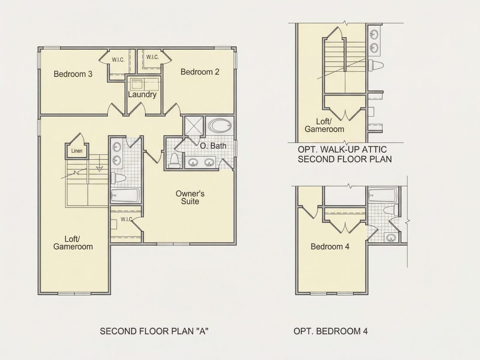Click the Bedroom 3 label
point(73,74)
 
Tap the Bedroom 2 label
point(200,72)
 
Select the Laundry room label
point(142,95)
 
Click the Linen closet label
point(77,151)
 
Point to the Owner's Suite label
point(190,197)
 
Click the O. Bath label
point(213,146)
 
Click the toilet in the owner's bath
point(174,161)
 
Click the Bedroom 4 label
point(330,247)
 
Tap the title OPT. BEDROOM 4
point(331,331)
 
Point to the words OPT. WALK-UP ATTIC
point(342,149)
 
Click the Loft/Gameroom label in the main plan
point(73,243)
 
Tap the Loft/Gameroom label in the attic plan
point(325,126)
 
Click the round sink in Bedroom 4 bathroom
point(390,237)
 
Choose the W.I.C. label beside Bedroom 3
point(118,60)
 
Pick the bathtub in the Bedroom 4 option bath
point(383,195)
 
